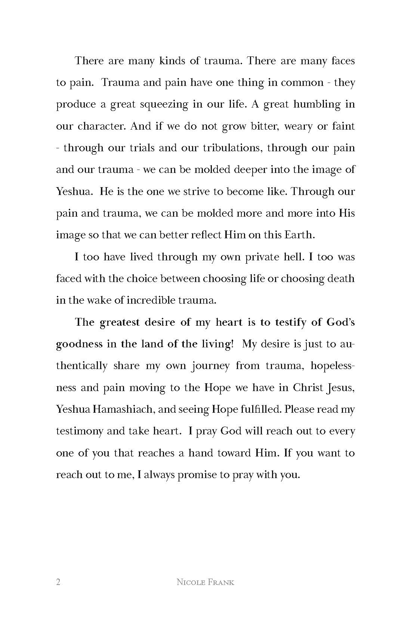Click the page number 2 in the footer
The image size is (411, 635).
pos(58,582)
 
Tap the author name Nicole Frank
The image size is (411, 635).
pos(205,582)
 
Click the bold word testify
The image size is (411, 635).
pos(290,322)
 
